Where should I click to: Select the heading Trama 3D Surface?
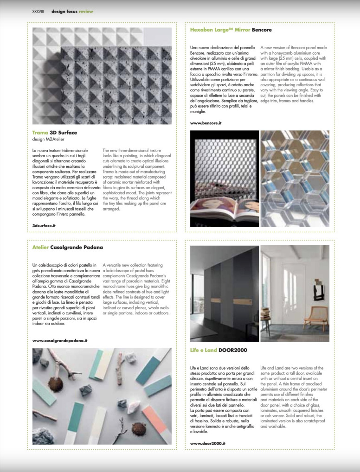click(x=55, y=133)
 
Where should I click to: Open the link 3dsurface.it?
click(x=44, y=224)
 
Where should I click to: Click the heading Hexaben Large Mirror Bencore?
click(x=231, y=30)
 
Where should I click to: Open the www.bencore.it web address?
click(x=207, y=123)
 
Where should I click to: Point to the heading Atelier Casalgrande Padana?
click(x=68, y=247)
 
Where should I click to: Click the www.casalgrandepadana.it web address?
click(x=60, y=340)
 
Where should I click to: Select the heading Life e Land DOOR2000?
click(x=219, y=350)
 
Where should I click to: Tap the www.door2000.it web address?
click(x=208, y=443)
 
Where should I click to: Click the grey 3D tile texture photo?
click(x=102, y=76)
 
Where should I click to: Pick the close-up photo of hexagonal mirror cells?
click(x=295, y=179)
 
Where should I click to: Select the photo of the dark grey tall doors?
click(x=225, y=293)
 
